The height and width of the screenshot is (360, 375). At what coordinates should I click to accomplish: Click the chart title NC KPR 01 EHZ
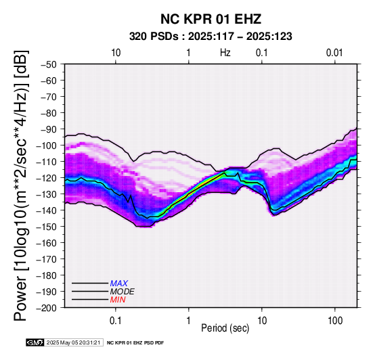pyautogui.click(x=211, y=19)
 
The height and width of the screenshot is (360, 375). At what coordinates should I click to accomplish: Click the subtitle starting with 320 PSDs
pyautogui.click(x=211, y=37)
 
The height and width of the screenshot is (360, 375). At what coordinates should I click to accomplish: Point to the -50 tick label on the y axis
pyautogui.click(x=48, y=64)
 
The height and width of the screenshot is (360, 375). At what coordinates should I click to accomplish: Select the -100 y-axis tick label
pyautogui.click(x=46, y=145)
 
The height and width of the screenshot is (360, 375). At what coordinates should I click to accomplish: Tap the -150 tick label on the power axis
pyautogui.click(x=46, y=227)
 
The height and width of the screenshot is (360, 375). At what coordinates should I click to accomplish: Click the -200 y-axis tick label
pyautogui.click(x=46, y=308)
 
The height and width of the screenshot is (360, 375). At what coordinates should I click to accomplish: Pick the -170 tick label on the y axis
pyautogui.click(x=46, y=259)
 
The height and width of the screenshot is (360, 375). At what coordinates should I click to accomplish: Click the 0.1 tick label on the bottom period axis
pyautogui.click(x=115, y=321)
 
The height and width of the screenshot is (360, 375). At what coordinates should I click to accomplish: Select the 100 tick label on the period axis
pyautogui.click(x=335, y=321)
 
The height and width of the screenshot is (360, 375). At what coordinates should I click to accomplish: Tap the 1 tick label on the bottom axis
pyautogui.click(x=189, y=321)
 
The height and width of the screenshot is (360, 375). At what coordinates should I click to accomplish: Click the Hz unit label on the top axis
pyautogui.click(x=225, y=53)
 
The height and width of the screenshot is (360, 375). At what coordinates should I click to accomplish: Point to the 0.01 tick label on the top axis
pyautogui.click(x=334, y=53)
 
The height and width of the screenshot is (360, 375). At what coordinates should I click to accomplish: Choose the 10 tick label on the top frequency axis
pyautogui.click(x=116, y=53)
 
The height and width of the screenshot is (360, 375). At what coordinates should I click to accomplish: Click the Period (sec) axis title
pyautogui.click(x=225, y=328)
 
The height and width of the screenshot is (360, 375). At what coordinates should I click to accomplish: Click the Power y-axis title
pyautogui.click(x=20, y=185)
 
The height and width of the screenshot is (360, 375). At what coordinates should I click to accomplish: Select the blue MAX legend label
pyautogui.click(x=119, y=284)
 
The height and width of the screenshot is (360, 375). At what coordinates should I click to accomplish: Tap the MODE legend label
pyautogui.click(x=123, y=292)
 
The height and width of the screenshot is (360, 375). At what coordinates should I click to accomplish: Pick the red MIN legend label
pyautogui.click(x=118, y=300)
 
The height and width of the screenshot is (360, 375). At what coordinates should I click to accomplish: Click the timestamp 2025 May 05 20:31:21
pyautogui.click(x=73, y=342)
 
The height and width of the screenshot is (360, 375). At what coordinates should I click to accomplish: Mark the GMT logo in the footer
pyautogui.click(x=35, y=342)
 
